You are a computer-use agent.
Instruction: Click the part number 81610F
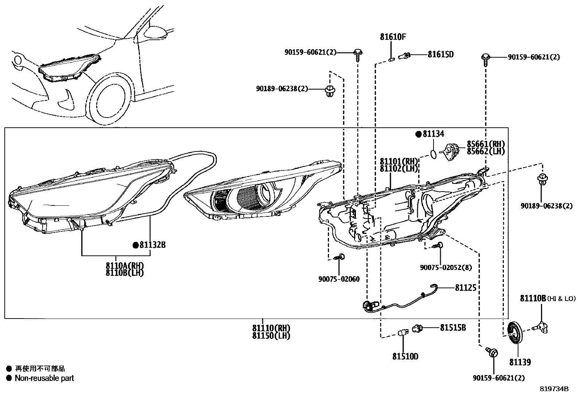(393, 37)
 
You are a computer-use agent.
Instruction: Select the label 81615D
(440, 55)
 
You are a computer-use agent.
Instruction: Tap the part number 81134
(433, 134)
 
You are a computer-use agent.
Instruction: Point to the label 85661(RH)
(486, 144)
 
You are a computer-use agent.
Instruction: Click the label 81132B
(152, 245)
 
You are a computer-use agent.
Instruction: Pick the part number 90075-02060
(338, 279)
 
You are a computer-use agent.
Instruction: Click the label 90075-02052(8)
(446, 268)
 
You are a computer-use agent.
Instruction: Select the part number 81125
(466, 288)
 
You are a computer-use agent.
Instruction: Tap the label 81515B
(453, 328)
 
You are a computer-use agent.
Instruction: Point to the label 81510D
(405, 356)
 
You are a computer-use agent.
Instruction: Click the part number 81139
(520, 362)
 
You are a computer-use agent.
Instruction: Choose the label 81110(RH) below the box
(271, 328)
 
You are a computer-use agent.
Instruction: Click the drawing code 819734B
(554, 389)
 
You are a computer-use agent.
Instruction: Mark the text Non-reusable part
(44, 378)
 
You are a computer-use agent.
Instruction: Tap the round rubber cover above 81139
(515, 332)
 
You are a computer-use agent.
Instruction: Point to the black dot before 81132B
(136, 245)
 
